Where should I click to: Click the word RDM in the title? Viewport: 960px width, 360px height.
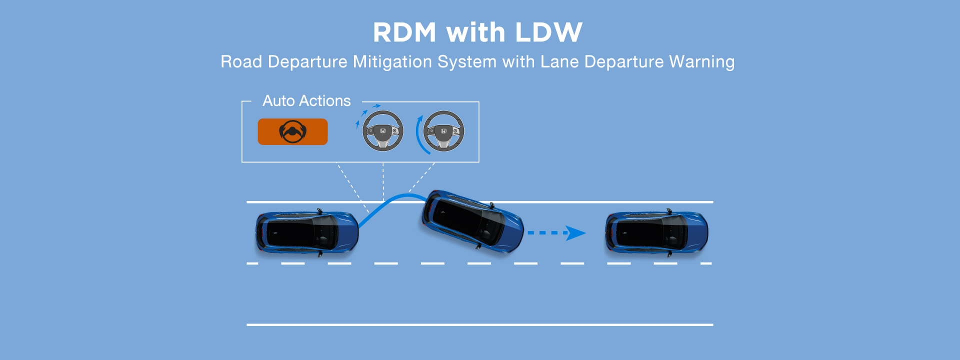(404, 32)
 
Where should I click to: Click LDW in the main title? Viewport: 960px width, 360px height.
(548, 32)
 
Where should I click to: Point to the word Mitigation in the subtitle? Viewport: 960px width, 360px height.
(392, 61)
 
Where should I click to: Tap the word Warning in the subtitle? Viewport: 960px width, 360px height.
(702, 61)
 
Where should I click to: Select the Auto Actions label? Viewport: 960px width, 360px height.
(306, 101)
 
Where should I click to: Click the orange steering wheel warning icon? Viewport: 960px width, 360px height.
(292, 132)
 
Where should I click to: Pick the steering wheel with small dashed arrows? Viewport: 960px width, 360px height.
(382, 131)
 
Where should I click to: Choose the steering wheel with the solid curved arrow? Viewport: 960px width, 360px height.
(443, 131)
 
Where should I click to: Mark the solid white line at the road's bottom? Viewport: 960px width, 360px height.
(480, 325)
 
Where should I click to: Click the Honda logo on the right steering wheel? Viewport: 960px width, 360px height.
(443, 130)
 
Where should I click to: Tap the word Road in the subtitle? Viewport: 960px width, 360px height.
(241, 61)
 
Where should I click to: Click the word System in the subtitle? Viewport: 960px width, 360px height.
(467, 61)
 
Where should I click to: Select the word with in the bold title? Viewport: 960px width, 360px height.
(475, 32)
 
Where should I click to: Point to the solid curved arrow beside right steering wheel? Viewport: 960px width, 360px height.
(420, 136)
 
